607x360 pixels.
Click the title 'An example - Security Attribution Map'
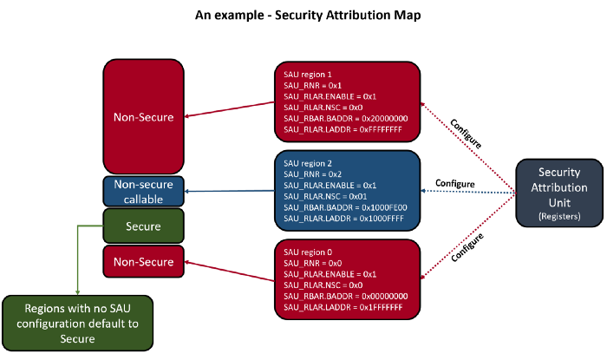pos(303,16)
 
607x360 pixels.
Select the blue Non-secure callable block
pos(144,190)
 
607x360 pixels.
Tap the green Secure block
pos(144,226)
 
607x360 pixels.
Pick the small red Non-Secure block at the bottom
pos(144,261)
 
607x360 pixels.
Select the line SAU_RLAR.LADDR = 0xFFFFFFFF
pos(343,128)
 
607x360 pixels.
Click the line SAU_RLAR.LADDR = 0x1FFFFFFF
pos(343,307)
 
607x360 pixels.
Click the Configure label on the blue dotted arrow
pos(454,184)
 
